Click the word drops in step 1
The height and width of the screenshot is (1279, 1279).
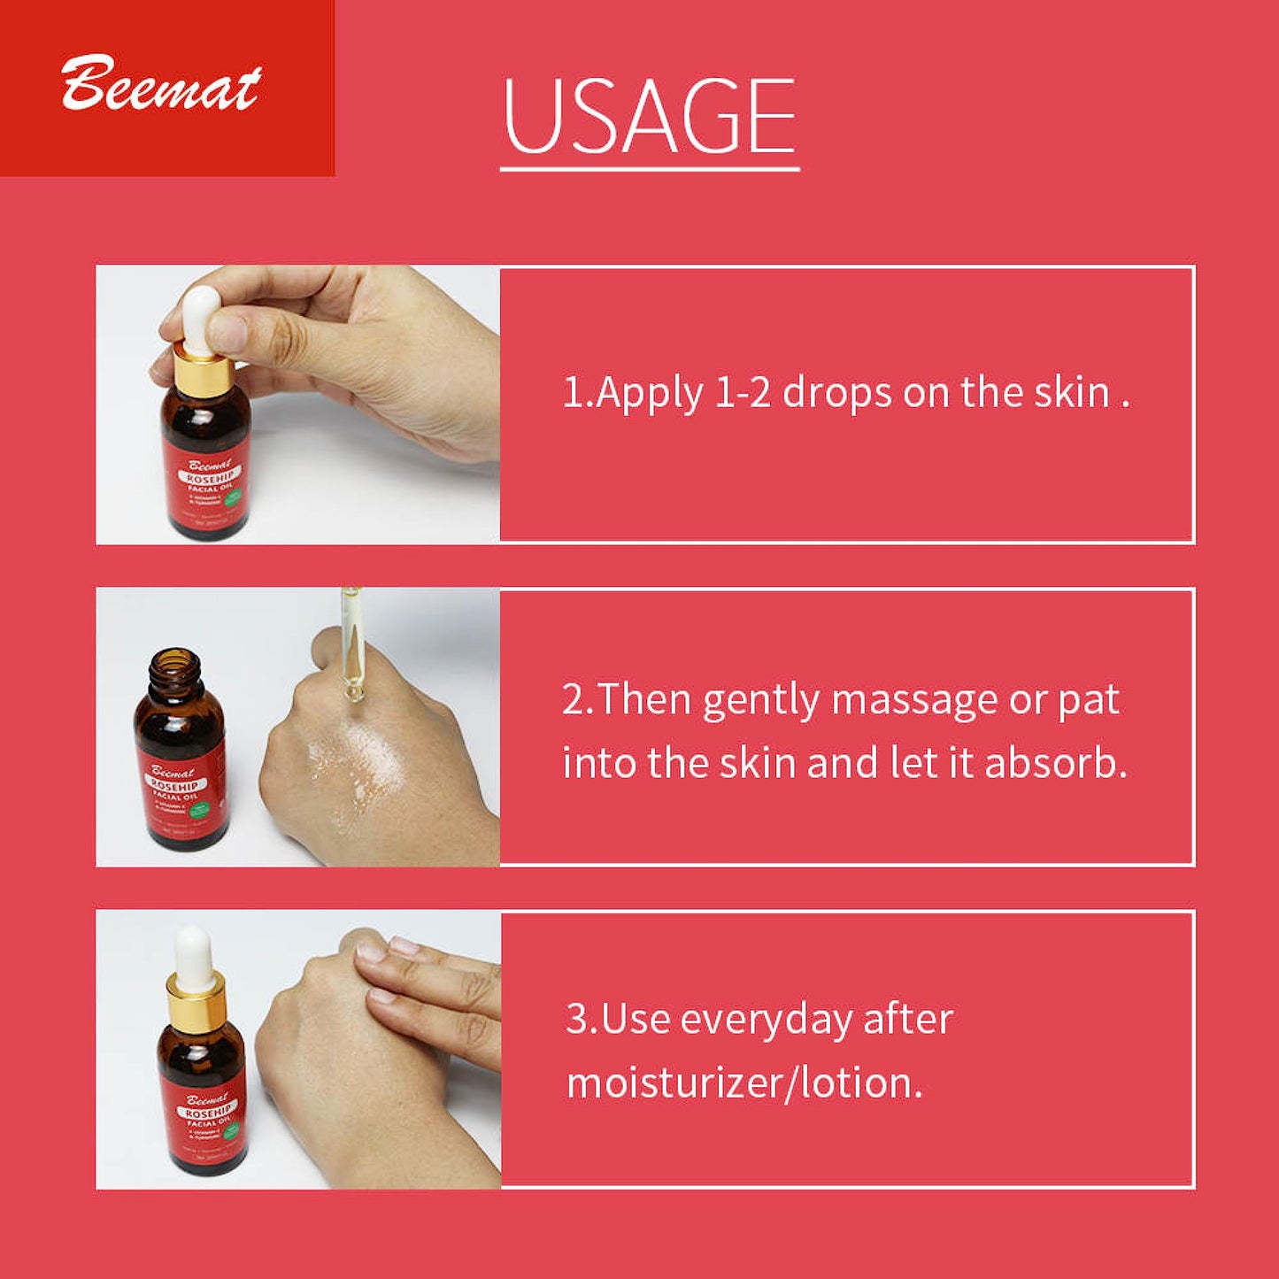click(x=836, y=392)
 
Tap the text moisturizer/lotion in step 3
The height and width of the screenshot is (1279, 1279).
click(x=744, y=1083)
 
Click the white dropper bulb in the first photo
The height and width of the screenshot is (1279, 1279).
click(x=201, y=315)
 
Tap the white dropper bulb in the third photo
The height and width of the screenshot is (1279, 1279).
click(x=193, y=957)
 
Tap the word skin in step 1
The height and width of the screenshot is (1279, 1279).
click(x=1072, y=392)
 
